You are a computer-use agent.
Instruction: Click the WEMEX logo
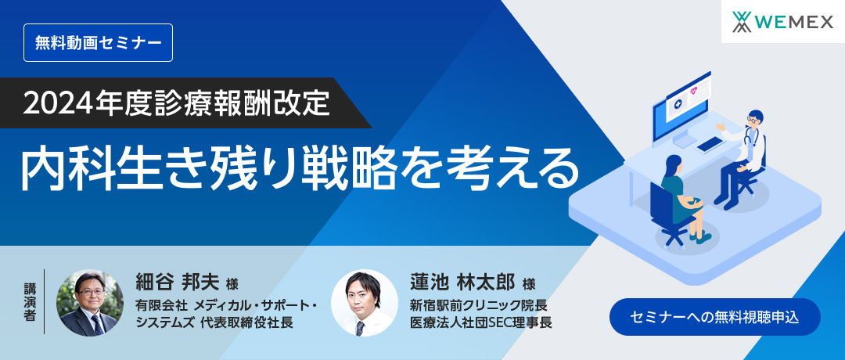(783, 21)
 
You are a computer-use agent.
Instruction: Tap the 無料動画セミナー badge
(98, 42)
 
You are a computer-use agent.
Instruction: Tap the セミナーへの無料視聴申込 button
(714, 317)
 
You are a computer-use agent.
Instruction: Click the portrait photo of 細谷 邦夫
(90, 303)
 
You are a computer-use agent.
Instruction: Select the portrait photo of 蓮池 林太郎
(364, 303)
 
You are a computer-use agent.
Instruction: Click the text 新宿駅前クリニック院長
(478, 304)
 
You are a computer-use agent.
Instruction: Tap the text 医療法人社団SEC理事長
(480, 322)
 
